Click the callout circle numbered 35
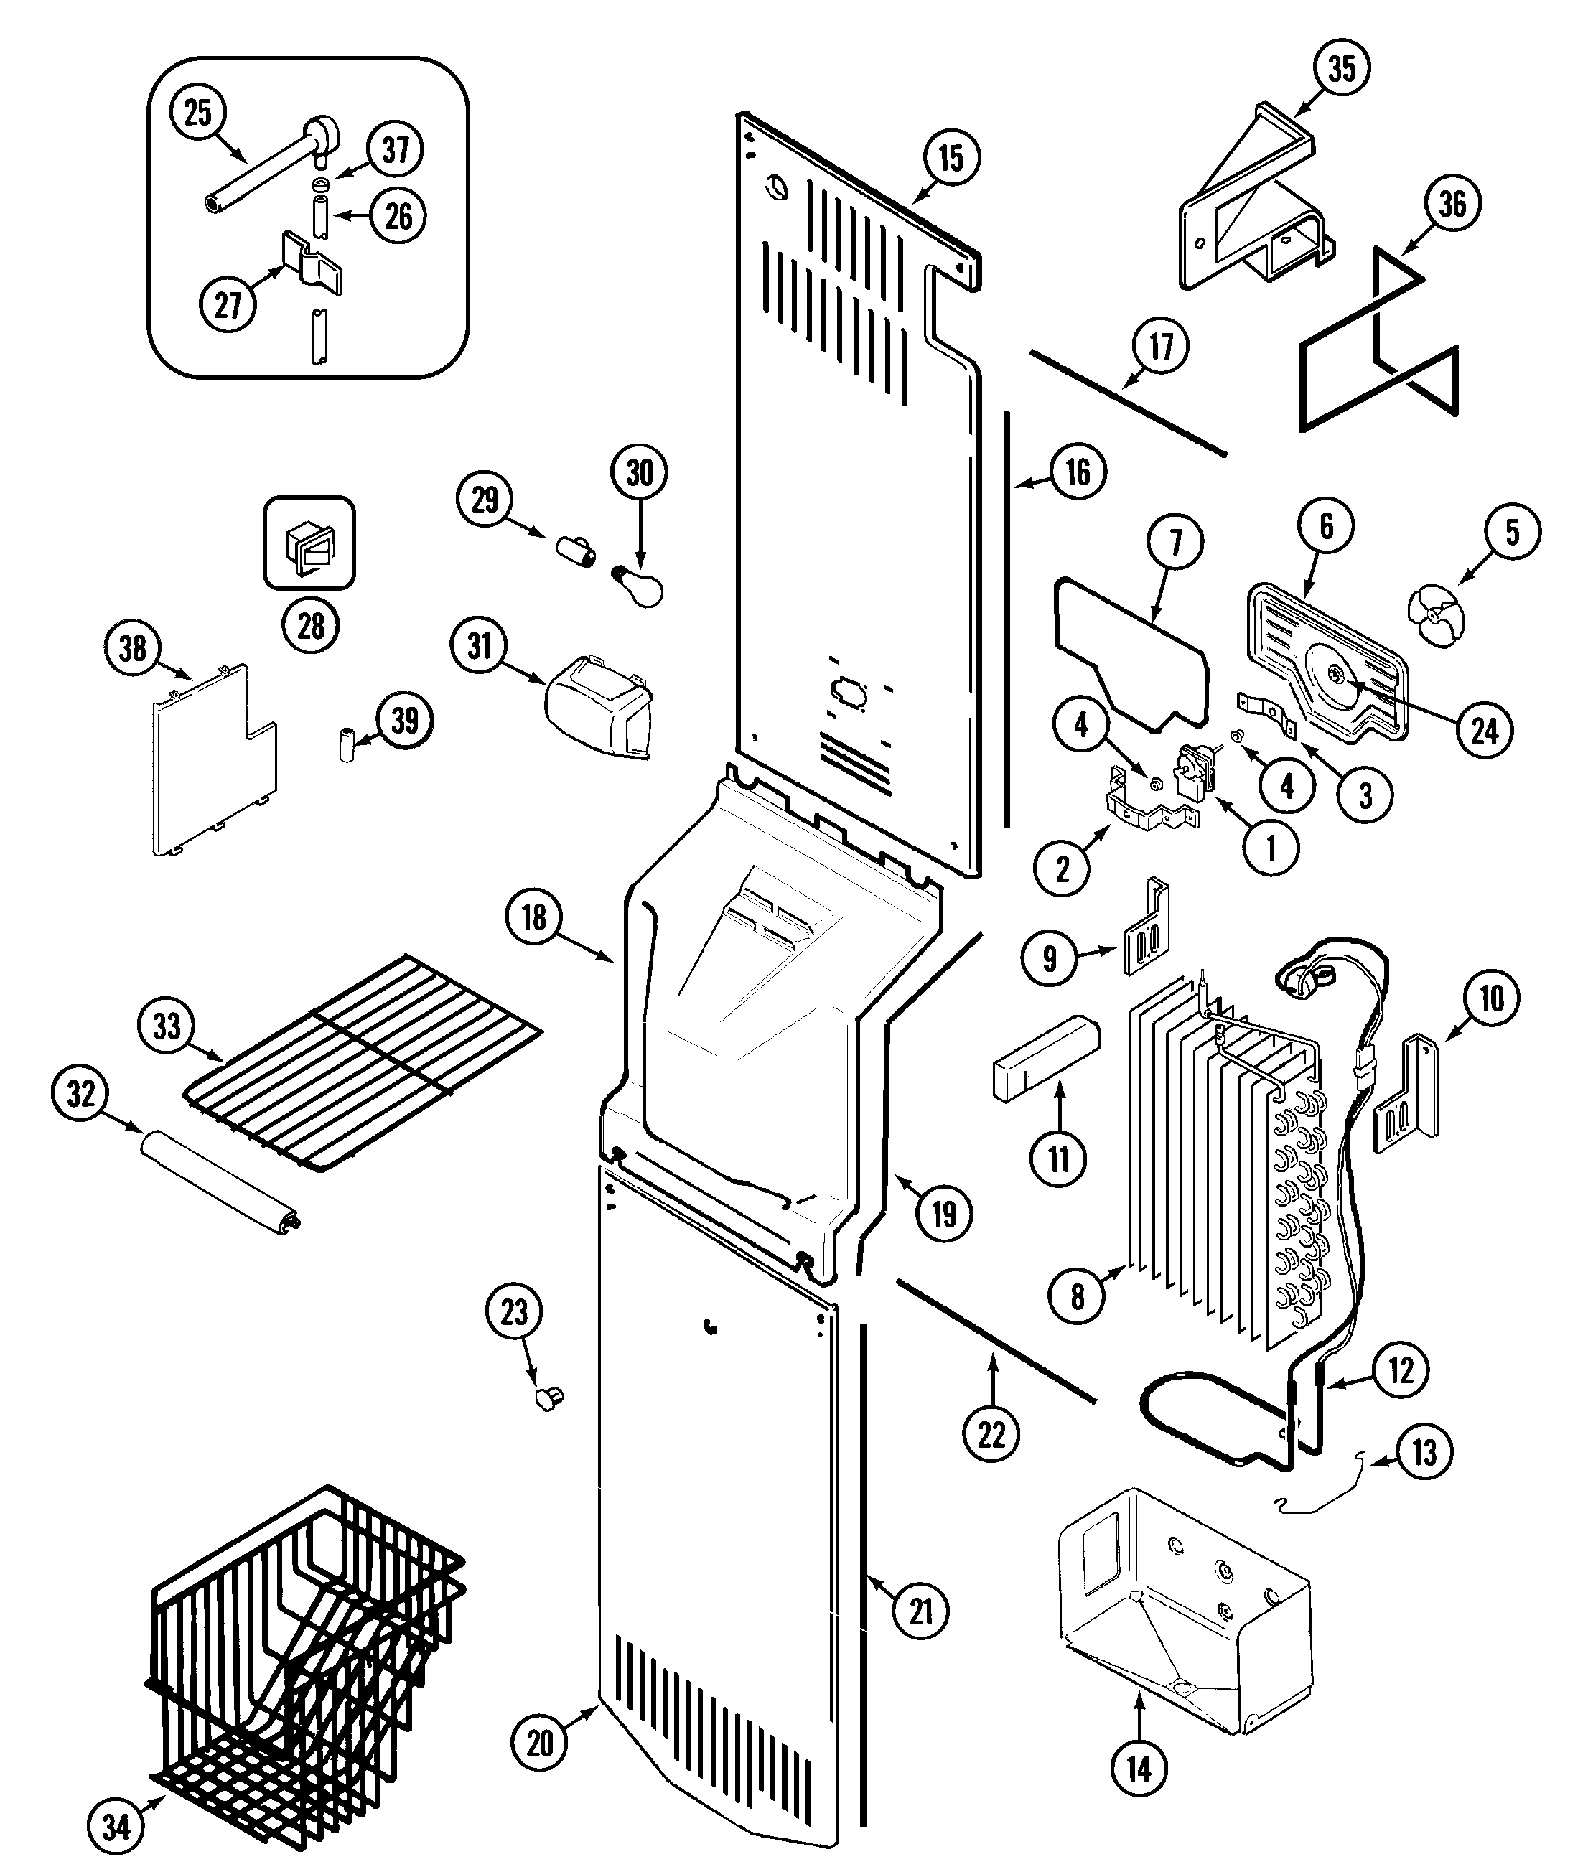[x=1342, y=69]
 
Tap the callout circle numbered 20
[x=539, y=1743]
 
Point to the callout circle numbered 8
[x=1077, y=1296]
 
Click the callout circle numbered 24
[x=1485, y=731]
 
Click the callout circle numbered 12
[x=1401, y=1371]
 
